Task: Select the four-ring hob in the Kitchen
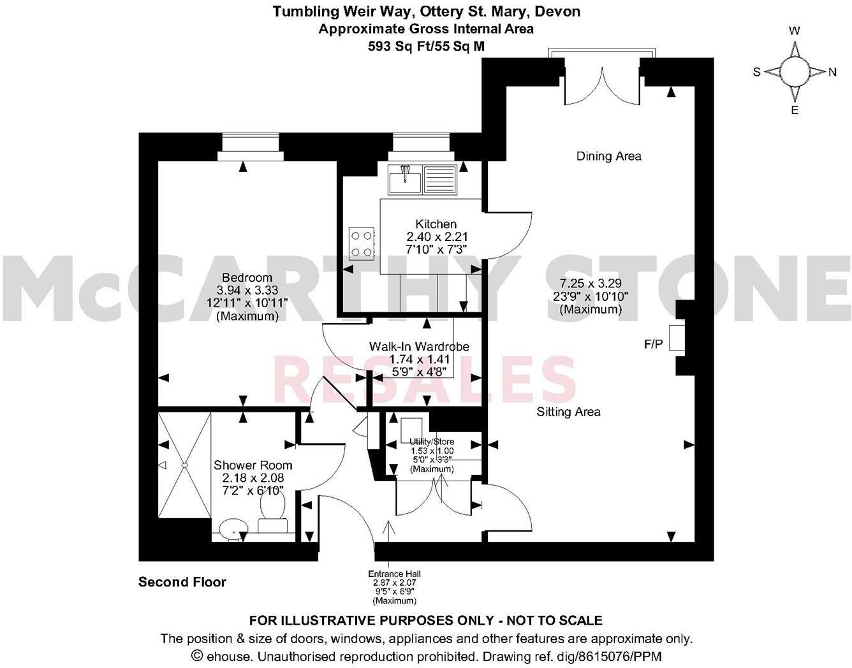click(361, 243)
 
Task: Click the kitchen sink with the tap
click(405, 178)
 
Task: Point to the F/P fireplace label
click(653, 345)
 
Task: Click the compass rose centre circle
click(795, 71)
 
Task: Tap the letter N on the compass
click(832, 72)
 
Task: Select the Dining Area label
click(608, 156)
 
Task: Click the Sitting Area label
click(568, 412)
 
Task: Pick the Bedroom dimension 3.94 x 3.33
click(247, 290)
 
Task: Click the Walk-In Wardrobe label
click(419, 347)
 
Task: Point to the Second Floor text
click(182, 582)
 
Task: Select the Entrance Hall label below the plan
click(394, 574)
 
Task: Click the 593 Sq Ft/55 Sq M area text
click(426, 46)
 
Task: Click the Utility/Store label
click(432, 442)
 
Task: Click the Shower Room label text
click(253, 465)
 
